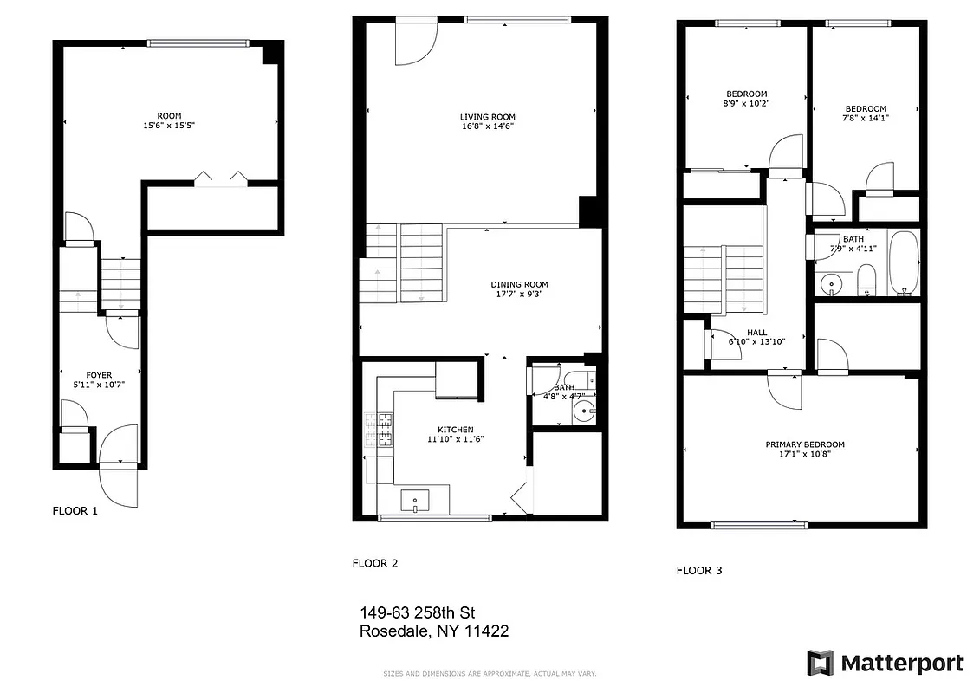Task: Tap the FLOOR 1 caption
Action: point(75,511)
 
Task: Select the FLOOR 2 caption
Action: point(374,563)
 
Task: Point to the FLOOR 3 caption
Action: point(698,570)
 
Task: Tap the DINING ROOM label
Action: point(519,284)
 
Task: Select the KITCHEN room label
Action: point(455,430)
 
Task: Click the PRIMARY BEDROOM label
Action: point(804,444)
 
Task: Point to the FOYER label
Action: point(99,375)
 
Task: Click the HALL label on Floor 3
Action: point(756,332)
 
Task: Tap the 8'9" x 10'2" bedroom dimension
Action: point(746,103)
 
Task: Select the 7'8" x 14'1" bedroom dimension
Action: point(865,118)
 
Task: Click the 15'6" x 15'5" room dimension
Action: point(169,125)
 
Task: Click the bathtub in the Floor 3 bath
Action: point(904,263)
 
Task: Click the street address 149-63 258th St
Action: point(418,613)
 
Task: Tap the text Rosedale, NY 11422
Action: point(433,631)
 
